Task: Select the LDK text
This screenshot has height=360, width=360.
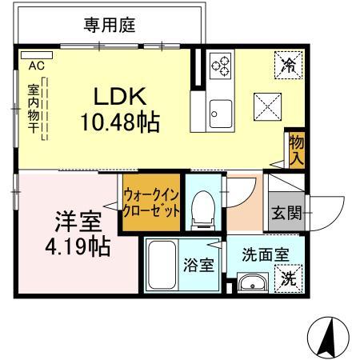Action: click(119, 97)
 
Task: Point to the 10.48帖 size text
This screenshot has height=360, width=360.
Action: click(120, 122)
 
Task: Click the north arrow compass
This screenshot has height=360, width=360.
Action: click(328, 337)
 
